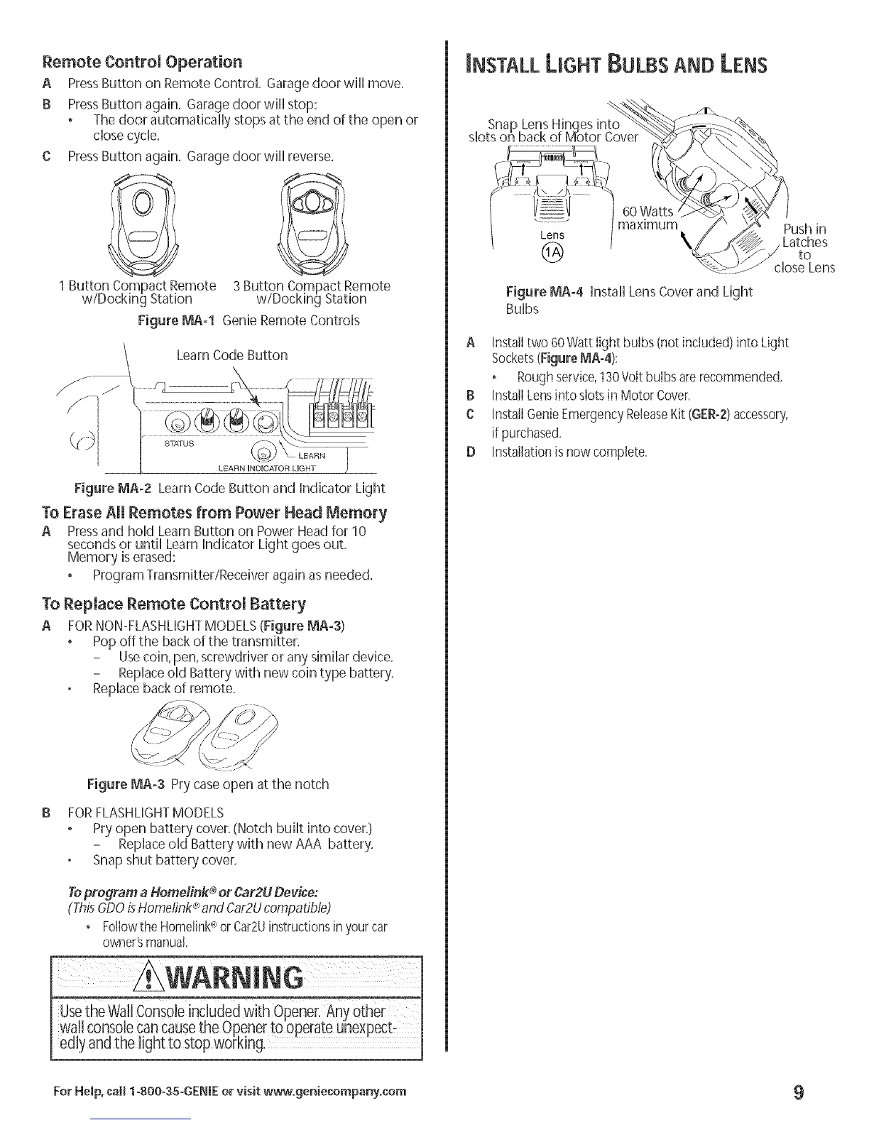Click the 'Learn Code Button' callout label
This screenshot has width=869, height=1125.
(x=231, y=355)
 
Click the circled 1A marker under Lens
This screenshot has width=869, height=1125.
(x=552, y=251)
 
